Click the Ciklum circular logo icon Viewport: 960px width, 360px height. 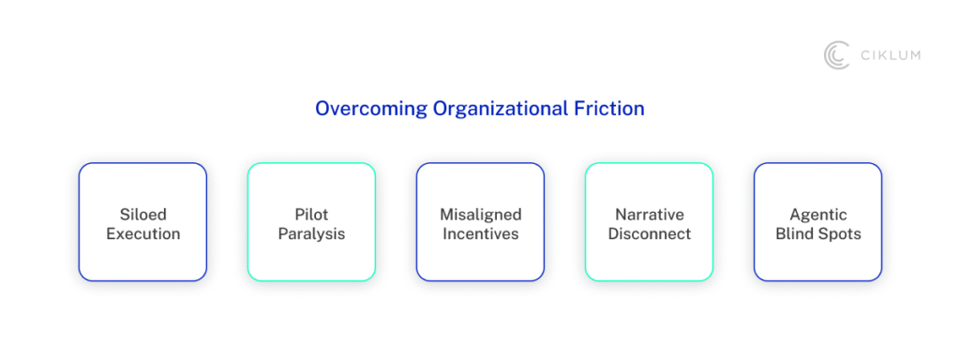click(835, 55)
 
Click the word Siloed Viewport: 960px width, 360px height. click(143, 215)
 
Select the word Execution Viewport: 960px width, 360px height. click(143, 233)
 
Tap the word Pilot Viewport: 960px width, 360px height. click(311, 215)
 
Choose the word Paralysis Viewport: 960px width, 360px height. click(311, 233)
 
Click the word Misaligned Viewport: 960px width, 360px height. click(481, 215)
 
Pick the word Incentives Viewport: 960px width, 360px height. click(481, 233)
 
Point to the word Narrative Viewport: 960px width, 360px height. click(649, 215)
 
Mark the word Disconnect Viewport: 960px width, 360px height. click(649, 233)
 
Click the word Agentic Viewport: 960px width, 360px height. click(817, 215)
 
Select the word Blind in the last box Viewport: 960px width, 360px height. click(794, 233)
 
